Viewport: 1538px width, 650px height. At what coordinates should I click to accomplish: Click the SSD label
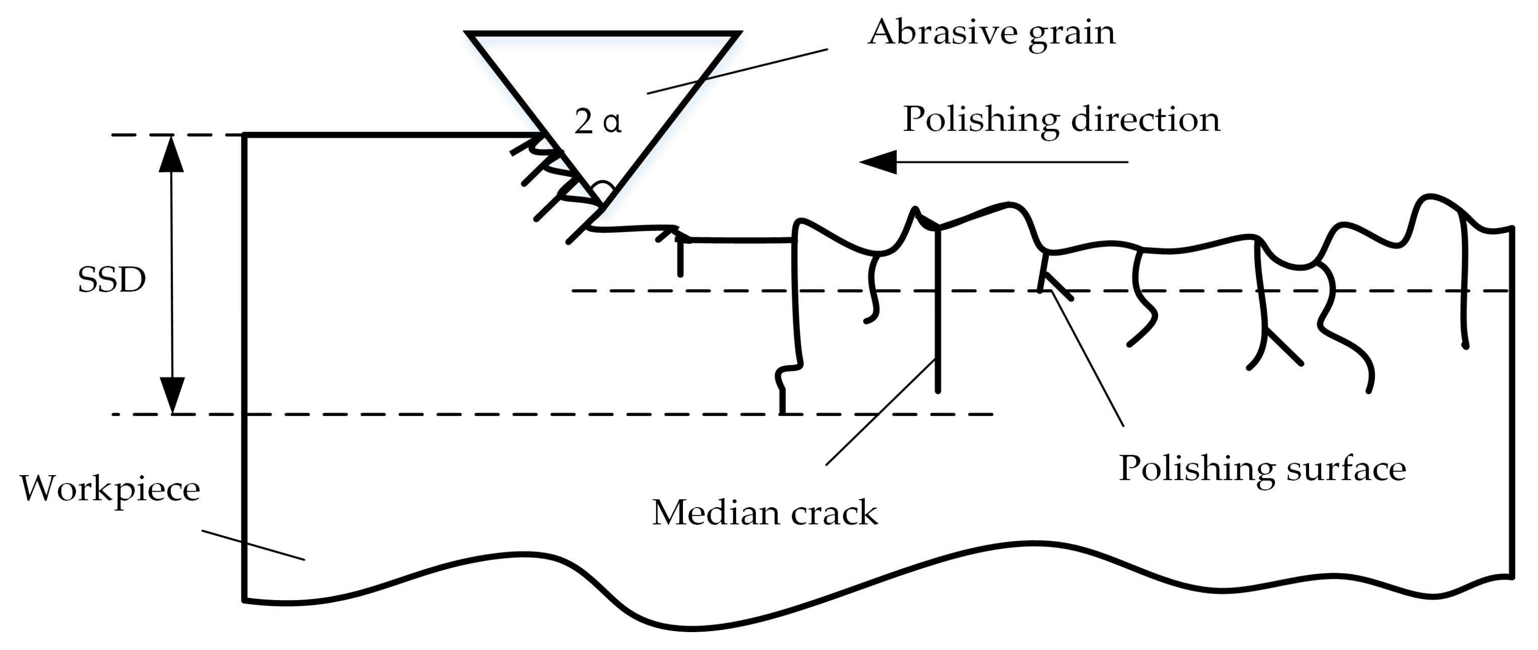click(112, 279)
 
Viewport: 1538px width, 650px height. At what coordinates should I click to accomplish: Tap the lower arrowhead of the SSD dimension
click(172, 396)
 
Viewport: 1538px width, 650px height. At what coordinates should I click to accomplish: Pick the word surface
click(1346, 468)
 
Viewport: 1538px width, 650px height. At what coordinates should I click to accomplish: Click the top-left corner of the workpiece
click(245, 136)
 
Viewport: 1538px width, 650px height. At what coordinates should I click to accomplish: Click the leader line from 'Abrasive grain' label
click(738, 71)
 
